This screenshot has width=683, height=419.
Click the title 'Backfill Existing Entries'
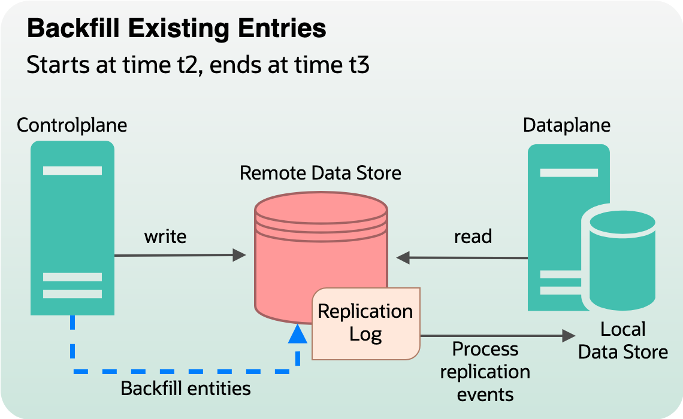tap(177, 29)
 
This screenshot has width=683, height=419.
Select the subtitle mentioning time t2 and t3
tap(197, 65)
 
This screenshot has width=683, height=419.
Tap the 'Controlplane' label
tap(72, 125)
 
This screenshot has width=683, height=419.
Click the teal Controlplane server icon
tap(72, 227)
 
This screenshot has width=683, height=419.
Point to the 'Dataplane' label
tap(566, 125)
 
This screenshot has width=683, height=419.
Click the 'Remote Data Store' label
tap(320, 173)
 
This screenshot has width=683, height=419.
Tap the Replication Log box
tap(365, 323)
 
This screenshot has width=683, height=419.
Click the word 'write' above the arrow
tap(165, 236)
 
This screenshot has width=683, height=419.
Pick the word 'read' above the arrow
tap(473, 236)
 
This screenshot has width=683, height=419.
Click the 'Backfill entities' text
tap(186, 388)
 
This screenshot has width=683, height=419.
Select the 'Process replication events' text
tap(485, 372)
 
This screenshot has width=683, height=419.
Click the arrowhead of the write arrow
tap(240, 256)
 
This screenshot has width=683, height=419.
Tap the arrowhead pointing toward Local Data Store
tap(569, 336)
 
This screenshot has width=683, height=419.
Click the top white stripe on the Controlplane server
tap(72, 171)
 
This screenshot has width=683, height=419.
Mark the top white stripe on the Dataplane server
tap(569, 172)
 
